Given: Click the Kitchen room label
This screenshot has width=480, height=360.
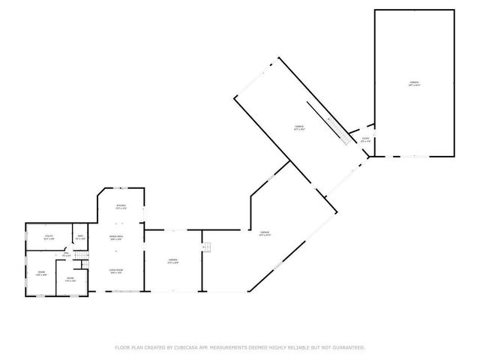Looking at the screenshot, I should [120, 207].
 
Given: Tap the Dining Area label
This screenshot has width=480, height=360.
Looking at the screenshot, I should [116, 238].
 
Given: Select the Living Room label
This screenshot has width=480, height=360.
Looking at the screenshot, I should [115, 271].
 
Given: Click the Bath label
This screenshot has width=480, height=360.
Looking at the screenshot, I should [80, 238].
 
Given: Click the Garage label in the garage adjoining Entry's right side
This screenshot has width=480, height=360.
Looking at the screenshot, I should [414, 84].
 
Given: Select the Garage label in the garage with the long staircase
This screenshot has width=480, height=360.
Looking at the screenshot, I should [298, 127].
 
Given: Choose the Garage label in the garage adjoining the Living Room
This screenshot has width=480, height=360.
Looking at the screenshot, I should [172, 261].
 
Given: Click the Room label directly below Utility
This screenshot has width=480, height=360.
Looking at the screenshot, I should [42, 273].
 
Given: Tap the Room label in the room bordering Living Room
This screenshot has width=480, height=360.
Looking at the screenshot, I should [70, 280].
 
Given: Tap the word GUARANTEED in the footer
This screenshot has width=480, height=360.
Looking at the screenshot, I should [349, 347].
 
